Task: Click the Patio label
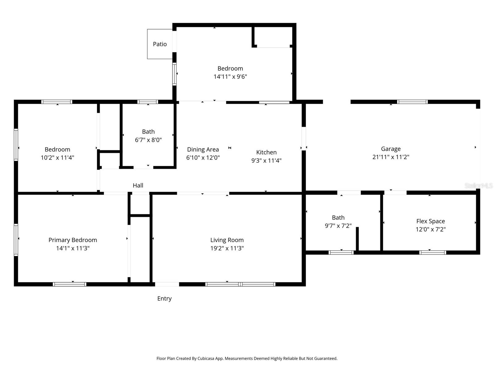point(160,44)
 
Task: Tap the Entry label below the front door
point(164,299)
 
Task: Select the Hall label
point(138,185)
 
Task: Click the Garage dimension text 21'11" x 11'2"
point(391,157)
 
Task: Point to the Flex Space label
point(430,221)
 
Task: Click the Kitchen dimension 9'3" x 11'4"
point(266,160)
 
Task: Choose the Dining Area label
point(203,150)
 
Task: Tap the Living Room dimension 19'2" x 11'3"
point(227,248)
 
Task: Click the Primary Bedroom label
point(73,240)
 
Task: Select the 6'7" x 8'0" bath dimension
point(148,140)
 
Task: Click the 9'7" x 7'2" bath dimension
point(338,226)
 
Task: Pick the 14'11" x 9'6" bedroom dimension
point(230,77)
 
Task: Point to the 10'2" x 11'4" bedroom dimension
point(57,158)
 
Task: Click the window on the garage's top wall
point(412,102)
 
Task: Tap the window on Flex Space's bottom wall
point(433,253)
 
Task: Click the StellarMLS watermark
point(478,185)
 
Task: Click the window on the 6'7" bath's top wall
point(148,102)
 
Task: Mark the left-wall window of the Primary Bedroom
point(16,240)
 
